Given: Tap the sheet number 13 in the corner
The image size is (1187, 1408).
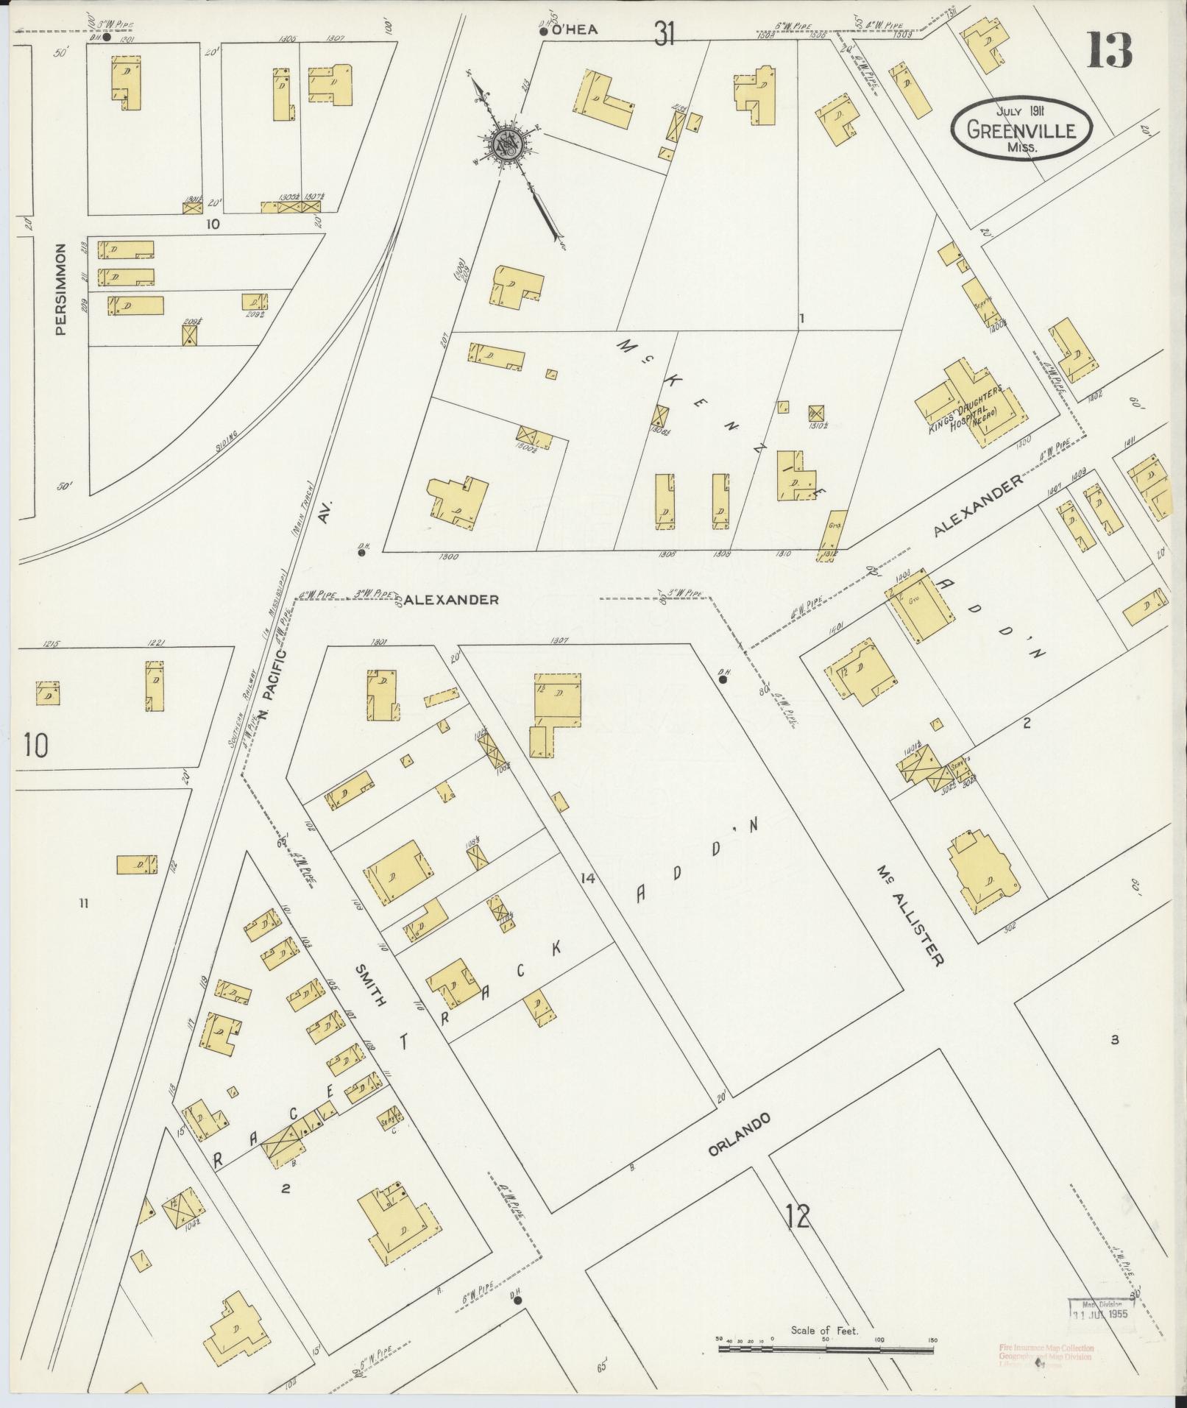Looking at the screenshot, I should coord(1109,50).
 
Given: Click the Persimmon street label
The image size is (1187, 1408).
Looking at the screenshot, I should coord(62,289).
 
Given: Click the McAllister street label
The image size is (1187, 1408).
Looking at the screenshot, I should coord(909,916).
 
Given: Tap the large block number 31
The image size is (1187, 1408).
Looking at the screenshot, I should coord(664,33).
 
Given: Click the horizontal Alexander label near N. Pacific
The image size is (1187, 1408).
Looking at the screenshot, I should coord(452,600).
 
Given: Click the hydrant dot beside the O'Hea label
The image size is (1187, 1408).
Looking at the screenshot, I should coord(543,32).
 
